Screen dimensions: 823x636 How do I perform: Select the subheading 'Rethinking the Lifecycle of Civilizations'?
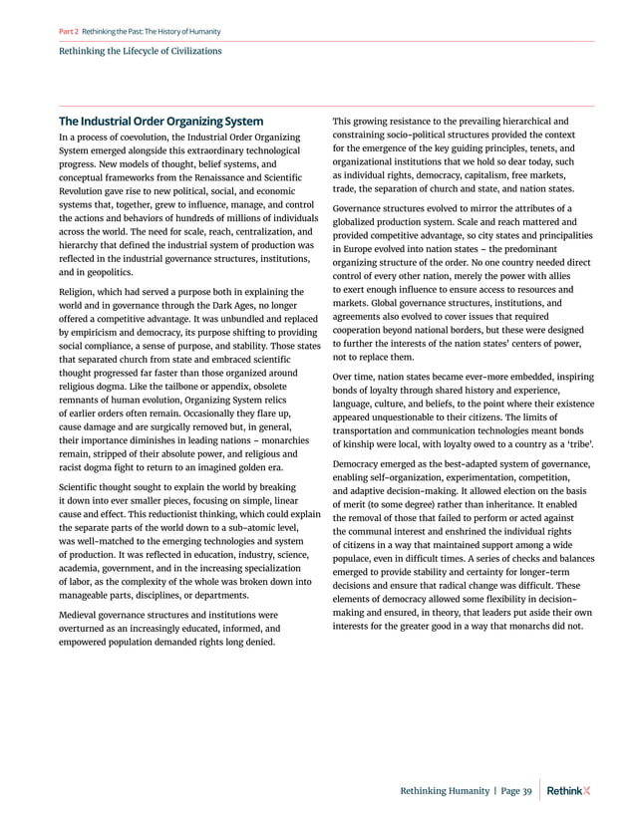pyautogui.click(x=142, y=50)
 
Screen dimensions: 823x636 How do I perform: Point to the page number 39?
pyautogui.click(x=525, y=791)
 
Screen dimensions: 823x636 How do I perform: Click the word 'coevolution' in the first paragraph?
pyautogui.click(x=148, y=137)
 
